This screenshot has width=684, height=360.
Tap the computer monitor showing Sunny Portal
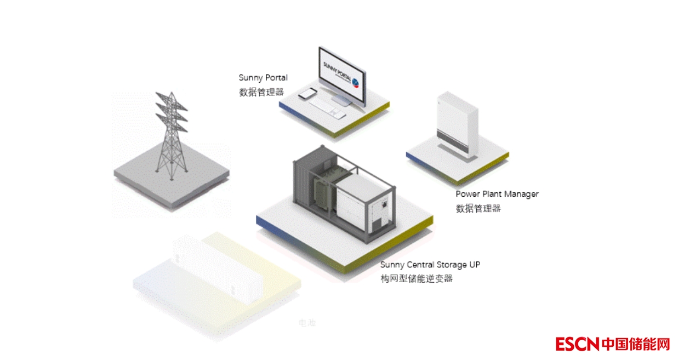(341, 75)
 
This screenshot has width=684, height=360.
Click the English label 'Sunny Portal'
(263, 78)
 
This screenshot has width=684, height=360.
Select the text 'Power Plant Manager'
(497, 194)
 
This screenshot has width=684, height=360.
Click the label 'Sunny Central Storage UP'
(430, 265)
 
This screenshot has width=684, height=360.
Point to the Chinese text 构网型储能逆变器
(417, 279)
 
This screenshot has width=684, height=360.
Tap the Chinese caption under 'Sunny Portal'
(261, 92)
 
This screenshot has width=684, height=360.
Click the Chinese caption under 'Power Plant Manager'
(478, 208)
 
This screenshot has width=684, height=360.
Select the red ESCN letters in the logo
(577, 344)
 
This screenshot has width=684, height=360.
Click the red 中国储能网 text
(636, 344)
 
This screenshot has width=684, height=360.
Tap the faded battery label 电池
(307, 323)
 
